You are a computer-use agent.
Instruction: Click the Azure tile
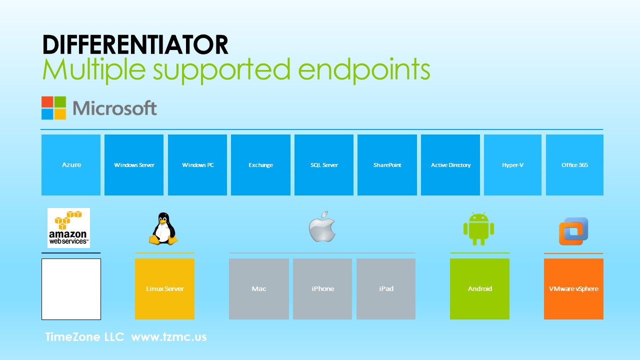71,165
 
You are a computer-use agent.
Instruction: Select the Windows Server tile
134,165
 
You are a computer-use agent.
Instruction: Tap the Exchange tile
260,165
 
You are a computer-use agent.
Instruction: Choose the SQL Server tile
324,165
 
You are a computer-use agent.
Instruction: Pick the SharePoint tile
387,165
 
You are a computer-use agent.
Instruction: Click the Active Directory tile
450,165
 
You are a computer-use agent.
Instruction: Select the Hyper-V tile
512,165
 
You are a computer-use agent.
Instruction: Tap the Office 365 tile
574,165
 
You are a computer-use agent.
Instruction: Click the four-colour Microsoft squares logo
53,108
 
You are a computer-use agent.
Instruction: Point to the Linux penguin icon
163,228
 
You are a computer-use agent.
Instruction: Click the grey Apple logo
322,226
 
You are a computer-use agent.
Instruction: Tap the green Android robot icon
478,228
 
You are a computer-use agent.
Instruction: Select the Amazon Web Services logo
68,228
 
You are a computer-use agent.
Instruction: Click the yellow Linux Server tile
165,289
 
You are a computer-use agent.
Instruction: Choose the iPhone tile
322,289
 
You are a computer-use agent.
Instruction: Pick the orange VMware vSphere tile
573,289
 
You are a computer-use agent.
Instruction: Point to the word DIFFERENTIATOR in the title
135,44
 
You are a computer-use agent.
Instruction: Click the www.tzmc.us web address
169,337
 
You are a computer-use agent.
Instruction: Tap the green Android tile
479,289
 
